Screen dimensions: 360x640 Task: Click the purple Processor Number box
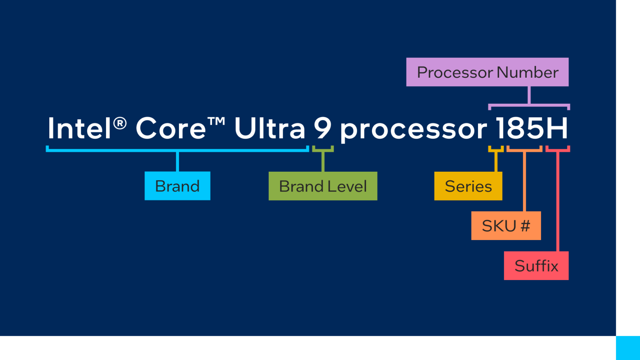[x=487, y=72]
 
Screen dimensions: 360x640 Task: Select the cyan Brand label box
[x=177, y=186]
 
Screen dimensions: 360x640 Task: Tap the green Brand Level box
[x=323, y=186]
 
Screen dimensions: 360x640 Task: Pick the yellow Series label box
[x=468, y=186]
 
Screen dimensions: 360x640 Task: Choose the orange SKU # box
[x=506, y=226]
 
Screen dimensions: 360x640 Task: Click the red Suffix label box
[x=536, y=266]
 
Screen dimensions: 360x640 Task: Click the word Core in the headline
[x=170, y=128]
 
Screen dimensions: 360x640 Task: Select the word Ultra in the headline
[x=270, y=128]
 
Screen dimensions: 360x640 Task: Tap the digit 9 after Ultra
[x=322, y=128]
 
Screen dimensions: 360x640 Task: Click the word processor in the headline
[x=413, y=130]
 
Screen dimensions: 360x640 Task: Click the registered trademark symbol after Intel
[x=120, y=123]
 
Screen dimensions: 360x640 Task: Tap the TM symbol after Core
[x=216, y=121]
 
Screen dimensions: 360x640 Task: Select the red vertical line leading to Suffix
[x=558, y=202]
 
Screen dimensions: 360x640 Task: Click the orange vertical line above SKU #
[x=524, y=181]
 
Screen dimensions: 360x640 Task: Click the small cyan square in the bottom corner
[x=628, y=348]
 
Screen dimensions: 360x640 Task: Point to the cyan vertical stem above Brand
[x=177, y=161]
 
